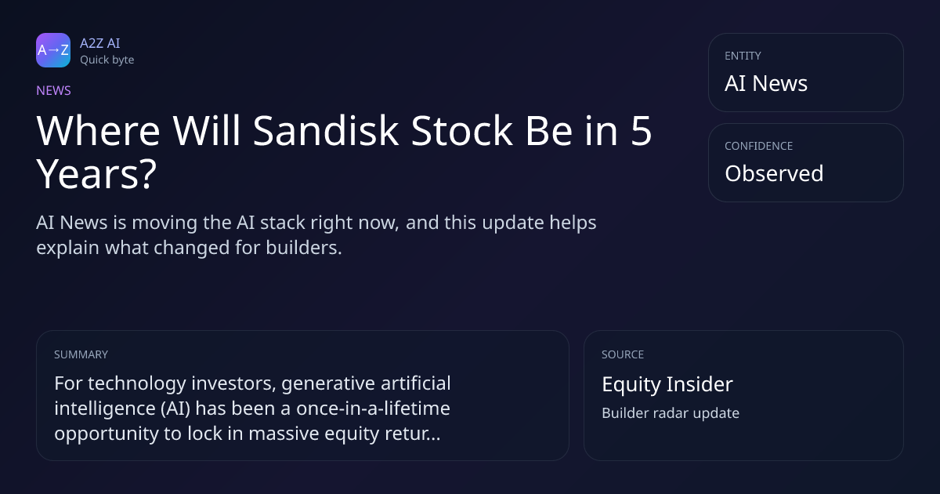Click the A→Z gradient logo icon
[x=53, y=50]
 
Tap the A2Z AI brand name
[x=100, y=43]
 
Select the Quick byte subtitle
[x=107, y=60]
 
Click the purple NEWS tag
[x=53, y=90]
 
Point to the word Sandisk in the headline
[x=326, y=131]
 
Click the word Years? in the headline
[x=96, y=174]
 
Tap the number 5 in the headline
[x=641, y=131]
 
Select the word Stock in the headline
[x=461, y=131]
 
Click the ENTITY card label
[x=743, y=56]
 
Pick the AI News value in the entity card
[x=766, y=83]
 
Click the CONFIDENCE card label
[x=759, y=146]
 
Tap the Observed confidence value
[x=774, y=173]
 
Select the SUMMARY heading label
[x=81, y=354]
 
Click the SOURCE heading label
[x=623, y=354]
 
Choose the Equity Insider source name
[x=667, y=384]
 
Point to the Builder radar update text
[x=671, y=413]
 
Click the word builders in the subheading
[x=304, y=248]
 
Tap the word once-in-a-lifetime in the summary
[x=373, y=408]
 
